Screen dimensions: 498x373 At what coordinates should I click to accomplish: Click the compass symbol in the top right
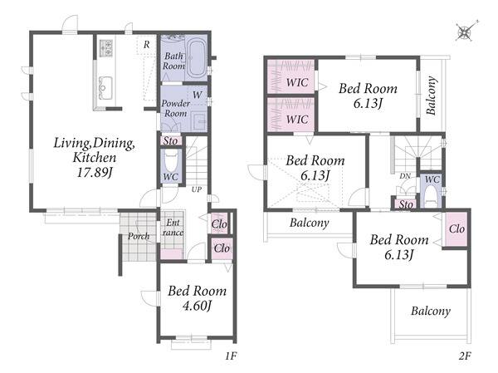pos(466,32)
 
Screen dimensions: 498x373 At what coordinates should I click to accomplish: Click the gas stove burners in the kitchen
pos(105,48)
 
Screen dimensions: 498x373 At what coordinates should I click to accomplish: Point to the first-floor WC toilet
pos(171,162)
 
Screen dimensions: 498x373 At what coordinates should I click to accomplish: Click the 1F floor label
pos(231,356)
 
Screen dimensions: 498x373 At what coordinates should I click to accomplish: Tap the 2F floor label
pos(464,356)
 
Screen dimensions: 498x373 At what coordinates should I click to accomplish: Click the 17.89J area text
pos(95,173)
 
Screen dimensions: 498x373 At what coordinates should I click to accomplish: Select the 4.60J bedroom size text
pos(197,306)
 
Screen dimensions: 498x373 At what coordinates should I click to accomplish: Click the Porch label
pos(139,236)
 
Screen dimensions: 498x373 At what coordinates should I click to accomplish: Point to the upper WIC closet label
pos(297,83)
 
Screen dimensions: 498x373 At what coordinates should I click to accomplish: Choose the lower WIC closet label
pos(297,120)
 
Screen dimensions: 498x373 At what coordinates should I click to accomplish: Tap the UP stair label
pos(197,189)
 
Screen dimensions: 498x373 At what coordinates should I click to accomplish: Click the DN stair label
pos(405,176)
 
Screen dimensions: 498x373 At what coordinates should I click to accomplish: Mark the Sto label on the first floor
pos(170,140)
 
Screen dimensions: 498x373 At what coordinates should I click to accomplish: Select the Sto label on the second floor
pos(406,204)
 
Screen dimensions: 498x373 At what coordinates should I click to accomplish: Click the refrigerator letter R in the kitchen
pos(146,45)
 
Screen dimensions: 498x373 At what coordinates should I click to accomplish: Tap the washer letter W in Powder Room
pos(198,95)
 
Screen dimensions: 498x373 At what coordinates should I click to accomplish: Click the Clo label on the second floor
pos(456,228)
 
